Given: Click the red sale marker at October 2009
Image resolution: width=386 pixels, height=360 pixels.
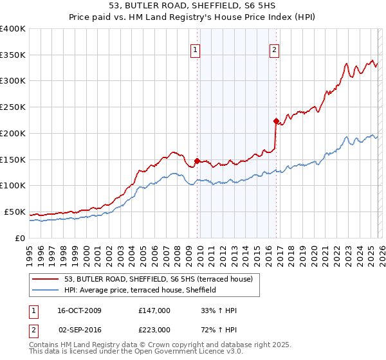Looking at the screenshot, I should [197, 161].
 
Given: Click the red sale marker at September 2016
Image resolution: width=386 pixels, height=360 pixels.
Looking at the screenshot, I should [276, 121].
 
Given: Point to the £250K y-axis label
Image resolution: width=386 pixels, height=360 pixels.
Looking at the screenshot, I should [12, 107].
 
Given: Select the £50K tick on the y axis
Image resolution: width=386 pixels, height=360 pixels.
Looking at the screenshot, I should [15, 212].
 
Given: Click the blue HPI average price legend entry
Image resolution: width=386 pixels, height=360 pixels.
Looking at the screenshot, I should [140, 290].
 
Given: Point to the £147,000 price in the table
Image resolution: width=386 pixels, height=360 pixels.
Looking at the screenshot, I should [154, 310].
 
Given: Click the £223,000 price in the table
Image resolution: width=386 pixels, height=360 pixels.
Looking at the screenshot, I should [154, 330].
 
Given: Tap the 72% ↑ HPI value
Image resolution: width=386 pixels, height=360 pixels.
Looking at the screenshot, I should [219, 330].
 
